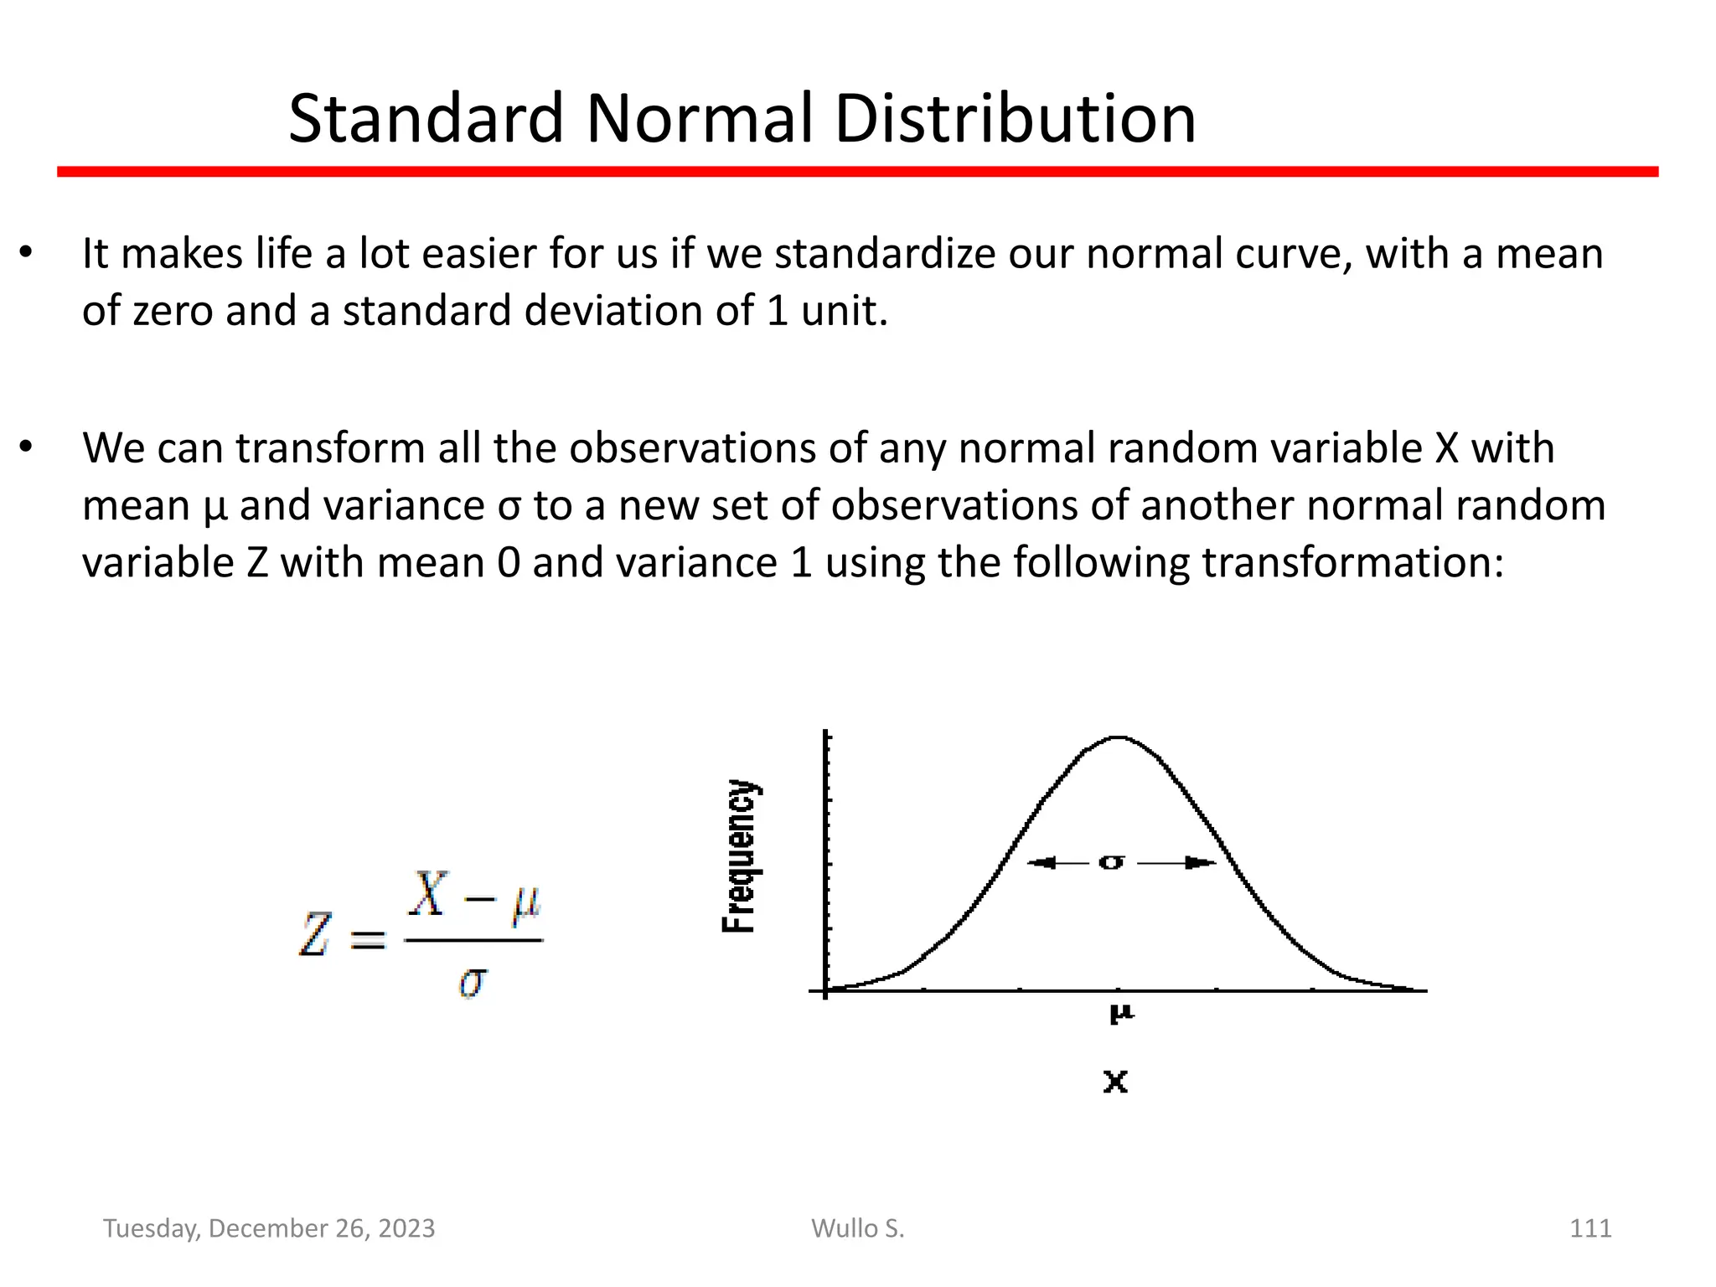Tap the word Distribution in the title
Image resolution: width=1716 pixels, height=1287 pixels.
(x=1015, y=119)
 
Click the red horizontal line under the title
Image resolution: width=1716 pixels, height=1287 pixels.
(x=857, y=172)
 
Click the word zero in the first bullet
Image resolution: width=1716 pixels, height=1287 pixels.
(x=173, y=311)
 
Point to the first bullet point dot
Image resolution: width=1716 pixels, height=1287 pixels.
(x=26, y=252)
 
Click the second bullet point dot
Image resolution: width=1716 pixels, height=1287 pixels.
(x=26, y=447)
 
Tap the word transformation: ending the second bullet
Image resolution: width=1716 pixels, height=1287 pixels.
(x=1352, y=562)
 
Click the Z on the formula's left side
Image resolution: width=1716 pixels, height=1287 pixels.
(x=315, y=934)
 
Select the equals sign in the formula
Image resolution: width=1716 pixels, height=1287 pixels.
(x=367, y=938)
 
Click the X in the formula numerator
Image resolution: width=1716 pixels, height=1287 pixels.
(x=429, y=894)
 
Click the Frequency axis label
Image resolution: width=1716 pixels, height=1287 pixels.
(x=739, y=855)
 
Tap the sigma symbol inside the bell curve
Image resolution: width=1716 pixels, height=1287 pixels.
(x=1111, y=862)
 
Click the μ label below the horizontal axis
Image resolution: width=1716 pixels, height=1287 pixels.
(x=1121, y=1014)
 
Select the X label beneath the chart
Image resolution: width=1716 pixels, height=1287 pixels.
(x=1115, y=1082)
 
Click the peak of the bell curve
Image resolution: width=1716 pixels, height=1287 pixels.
(x=1118, y=737)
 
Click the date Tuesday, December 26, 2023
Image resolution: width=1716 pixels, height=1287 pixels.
(x=269, y=1228)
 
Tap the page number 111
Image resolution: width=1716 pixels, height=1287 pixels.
(x=1589, y=1228)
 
